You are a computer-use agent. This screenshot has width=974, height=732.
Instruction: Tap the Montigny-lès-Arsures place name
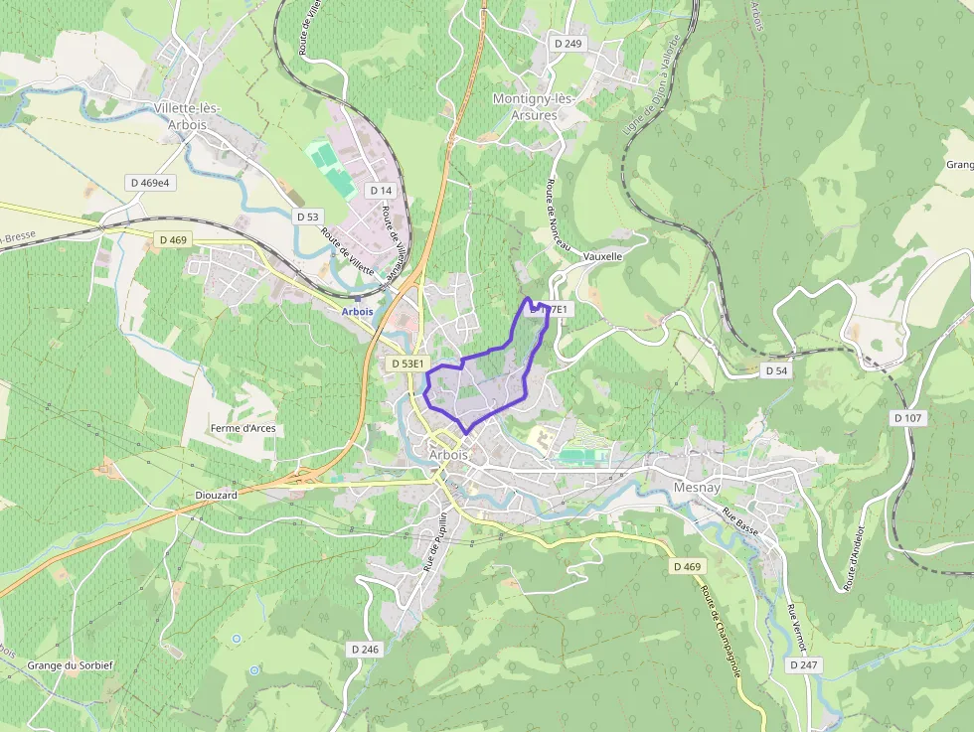pos(535,106)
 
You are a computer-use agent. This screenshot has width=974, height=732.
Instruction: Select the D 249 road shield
pos(568,44)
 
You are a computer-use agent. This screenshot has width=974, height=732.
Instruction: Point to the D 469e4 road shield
pos(151,183)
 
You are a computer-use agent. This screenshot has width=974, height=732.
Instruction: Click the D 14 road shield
pos(382,190)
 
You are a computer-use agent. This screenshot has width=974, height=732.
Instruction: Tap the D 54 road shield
pos(776,370)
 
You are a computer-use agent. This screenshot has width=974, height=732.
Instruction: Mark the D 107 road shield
pos(908,418)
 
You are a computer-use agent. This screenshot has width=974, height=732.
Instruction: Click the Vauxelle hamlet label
pos(603,256)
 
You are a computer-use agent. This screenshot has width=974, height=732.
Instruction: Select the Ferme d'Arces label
pos(243,429)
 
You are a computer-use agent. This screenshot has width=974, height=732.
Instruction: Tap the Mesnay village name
pos(696,488)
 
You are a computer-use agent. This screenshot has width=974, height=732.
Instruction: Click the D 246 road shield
pos(365,649)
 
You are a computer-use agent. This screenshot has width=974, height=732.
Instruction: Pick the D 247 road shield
pos(805,664)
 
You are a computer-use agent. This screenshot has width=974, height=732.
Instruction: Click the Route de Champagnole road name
pos(722,631)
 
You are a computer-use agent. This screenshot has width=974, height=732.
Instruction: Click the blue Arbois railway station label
pos(357,311)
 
